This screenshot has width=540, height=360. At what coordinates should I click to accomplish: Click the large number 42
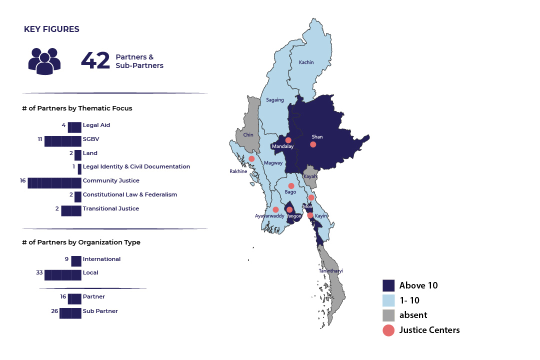pos(95,60)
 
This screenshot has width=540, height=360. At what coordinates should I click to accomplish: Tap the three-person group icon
pos(44,61)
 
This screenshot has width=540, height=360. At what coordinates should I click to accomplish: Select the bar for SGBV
pos(63,141)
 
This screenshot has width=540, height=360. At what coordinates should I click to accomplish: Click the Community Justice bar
pos(54,182)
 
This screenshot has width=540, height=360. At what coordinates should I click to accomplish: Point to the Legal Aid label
pos(96,125)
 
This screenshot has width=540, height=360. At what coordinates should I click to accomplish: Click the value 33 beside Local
pos(39,273)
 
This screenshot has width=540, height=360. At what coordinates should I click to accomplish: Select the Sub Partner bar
pos(70,313)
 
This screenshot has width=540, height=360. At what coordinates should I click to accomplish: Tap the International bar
pos(76,261)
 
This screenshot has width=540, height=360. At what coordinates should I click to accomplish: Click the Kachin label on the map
pos(306,62)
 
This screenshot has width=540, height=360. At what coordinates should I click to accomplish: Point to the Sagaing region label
pos(275,100)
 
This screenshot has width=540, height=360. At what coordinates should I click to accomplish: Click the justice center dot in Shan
pos(313,144)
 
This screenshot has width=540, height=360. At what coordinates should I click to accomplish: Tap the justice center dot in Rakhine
pos(251,159)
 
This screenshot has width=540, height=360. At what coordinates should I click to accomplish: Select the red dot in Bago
pos(291,186)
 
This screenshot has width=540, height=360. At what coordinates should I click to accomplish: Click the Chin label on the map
pos(248,135)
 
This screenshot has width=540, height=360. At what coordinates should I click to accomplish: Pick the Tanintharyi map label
pos(330,271)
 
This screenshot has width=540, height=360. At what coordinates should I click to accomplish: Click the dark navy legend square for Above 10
pos(388,285)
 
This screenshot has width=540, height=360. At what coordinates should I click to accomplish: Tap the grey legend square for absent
pos(388,315)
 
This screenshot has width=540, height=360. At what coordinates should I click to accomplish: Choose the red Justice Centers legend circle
pos(388,330)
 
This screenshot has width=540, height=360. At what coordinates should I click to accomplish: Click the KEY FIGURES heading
pos(51,29)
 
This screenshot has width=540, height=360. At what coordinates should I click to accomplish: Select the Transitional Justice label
pos(111,208)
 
